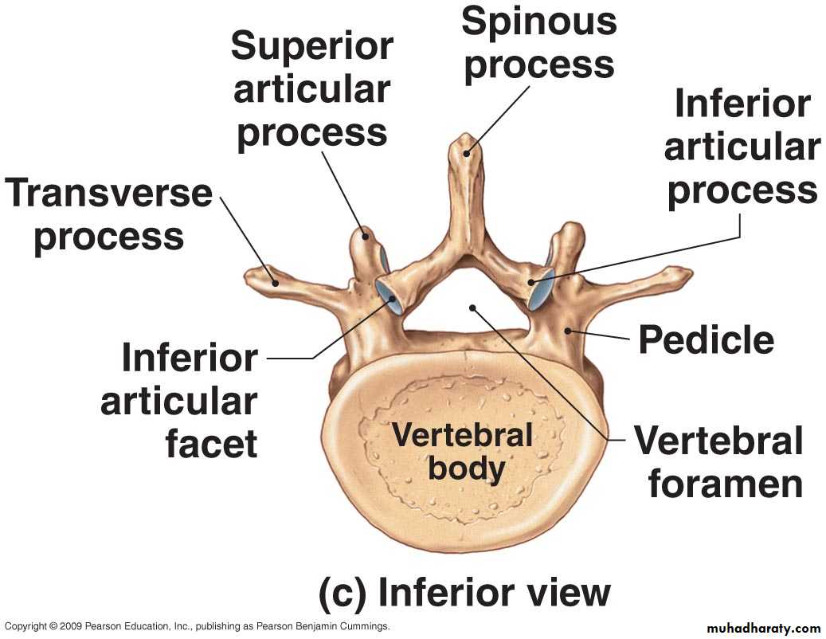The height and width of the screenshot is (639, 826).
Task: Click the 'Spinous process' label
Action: [x=539, y=43]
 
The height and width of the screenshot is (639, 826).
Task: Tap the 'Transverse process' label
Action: [x=109, y=215]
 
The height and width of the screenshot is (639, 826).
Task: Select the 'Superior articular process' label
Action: [x=312, y=90]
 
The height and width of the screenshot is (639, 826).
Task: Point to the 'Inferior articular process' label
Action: [x=742, y=147]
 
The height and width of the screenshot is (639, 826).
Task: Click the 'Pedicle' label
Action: [x=706, y=340]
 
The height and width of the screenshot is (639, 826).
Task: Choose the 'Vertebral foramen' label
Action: [x=718, y=463]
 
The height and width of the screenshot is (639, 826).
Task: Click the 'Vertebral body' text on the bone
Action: [x=462, y=452]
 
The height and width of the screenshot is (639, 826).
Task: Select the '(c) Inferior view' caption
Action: [x=464, y=592]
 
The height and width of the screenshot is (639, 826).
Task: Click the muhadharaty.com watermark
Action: [x=763, y=628]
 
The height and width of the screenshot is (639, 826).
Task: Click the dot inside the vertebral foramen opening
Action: [x=473, y=307]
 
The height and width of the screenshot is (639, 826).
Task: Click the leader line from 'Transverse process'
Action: [x=248, y=238]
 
